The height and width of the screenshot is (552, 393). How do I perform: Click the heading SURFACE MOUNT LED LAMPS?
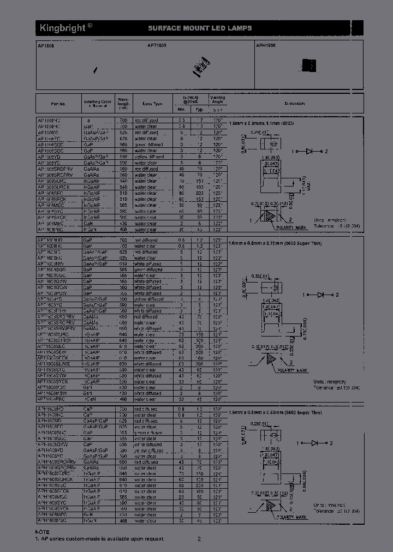pyautogui.click(x=200, y=28)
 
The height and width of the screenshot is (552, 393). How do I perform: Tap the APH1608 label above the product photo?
pyautogui.click(x=266, y=46)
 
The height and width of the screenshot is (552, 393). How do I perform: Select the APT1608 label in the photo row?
pyautogui.click(x=157, y=46)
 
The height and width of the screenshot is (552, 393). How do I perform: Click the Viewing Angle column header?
pyautogui.click(x=218, y=100)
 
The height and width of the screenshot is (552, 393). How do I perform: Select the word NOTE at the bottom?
pyautogui.click(x=43, y=532)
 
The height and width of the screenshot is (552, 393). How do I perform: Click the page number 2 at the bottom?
pyautogui.click(x=199, y=539)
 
